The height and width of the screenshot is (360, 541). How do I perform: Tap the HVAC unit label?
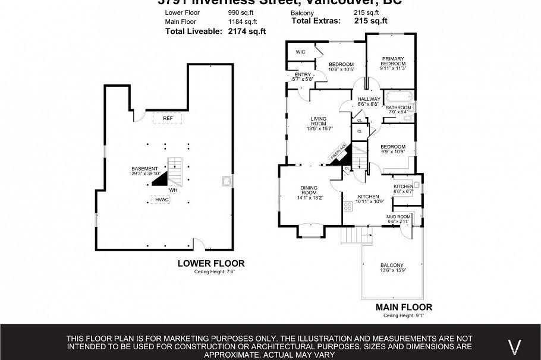point(162,200)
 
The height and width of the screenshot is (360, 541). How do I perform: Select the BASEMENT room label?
point(144,169)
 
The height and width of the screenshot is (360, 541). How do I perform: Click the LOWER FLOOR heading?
point(211,263)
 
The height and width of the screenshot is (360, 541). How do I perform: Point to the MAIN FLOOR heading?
point(404,307)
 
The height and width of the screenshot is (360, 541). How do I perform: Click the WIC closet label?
point(300,52)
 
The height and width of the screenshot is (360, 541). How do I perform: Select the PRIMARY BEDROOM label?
point(393,61)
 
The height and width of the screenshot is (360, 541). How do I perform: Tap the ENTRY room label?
point(303,74)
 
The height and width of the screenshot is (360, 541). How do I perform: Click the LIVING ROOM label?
point(319,122)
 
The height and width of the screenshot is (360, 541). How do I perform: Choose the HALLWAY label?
point(369,99)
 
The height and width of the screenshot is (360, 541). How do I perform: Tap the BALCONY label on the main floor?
point(392,266)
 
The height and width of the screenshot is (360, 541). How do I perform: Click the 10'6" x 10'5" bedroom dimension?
point(341,70)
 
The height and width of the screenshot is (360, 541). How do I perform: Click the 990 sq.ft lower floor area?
point(240,12)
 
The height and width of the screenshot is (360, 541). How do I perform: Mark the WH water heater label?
point(174,190)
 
